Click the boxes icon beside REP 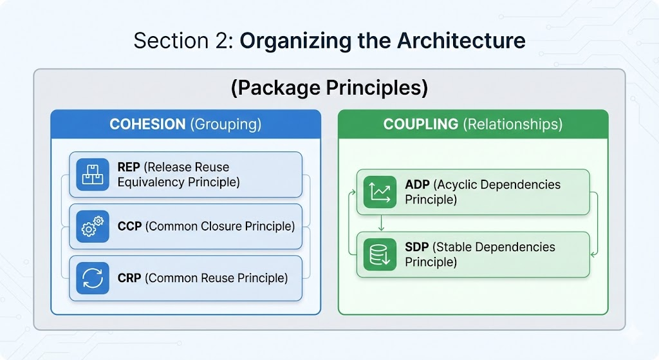[93, 175]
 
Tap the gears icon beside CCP [93, 226]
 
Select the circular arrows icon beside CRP [93, 278]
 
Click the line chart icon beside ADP [380, 192]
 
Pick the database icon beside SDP [380, 254]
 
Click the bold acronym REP [129, 167]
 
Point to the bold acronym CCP [129, 226]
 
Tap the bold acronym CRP [129, 278]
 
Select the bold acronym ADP [417, 185]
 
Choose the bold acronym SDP [417, 247]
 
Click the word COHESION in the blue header [147, 124]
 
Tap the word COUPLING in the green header [421, 124]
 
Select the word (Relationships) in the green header [513, 124]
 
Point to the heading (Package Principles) [329, 88]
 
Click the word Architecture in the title [461, 41]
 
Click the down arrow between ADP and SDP [382, 223]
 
